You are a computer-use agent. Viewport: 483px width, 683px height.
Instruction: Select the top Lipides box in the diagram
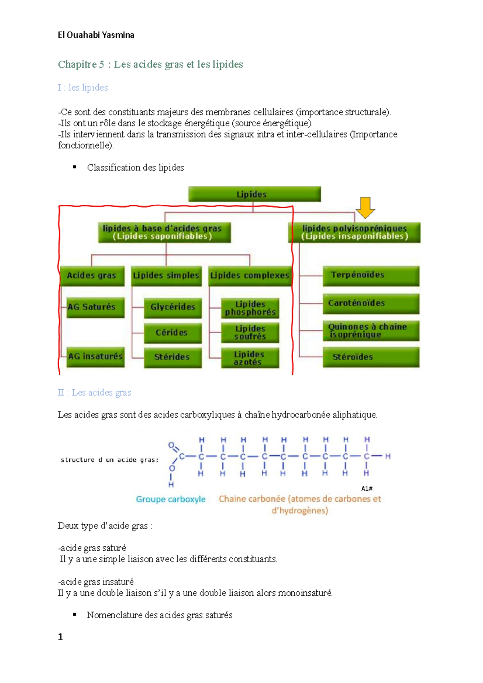tap(254, 194)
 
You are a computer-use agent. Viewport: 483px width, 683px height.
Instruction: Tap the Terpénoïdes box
tap(371, 276)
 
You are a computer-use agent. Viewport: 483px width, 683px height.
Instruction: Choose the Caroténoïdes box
tap(371, 303)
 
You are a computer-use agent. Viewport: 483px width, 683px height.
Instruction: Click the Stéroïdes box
tap(371, 357)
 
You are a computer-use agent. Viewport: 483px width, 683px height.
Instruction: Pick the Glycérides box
tap(173, 307)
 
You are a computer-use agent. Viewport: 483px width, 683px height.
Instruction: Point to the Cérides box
tap(173, 333)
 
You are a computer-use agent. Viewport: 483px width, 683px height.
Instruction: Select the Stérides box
tap(173, 357)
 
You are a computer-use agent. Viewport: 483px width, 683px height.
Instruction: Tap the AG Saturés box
tap(95, 307)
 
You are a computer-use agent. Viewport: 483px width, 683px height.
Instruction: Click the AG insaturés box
tap(95, 357)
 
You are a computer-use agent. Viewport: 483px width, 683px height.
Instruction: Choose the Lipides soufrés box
tap(250, 333)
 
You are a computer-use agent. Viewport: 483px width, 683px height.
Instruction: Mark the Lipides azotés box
tap(250, 358)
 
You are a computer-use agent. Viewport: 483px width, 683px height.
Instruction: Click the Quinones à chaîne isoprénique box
tap(371, 331)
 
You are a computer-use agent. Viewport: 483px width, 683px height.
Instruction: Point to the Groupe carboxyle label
tap(171, 499)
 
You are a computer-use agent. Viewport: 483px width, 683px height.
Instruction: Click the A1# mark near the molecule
tap(367, 488)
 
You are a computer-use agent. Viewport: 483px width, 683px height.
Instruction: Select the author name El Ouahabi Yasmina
tap(96, 35)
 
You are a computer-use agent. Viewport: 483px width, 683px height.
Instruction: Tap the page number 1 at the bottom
tap(60, 637)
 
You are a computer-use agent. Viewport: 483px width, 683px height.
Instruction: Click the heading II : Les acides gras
tap(95, 393)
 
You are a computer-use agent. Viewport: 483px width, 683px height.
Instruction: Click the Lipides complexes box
tap(250, 276)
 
